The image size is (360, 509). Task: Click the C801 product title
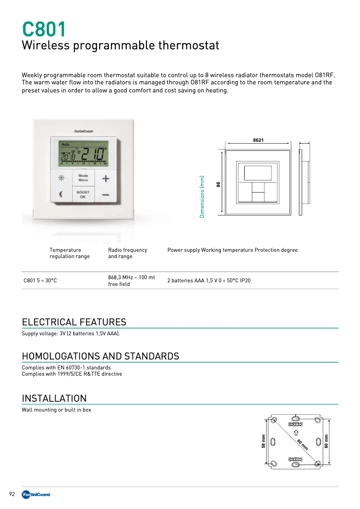click(44, 30)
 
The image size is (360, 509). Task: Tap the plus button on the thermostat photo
click(105, 179)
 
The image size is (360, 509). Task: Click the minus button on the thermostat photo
click(105, 195)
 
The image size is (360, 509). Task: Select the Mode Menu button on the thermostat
click(83, 178)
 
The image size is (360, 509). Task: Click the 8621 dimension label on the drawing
click(258, 140)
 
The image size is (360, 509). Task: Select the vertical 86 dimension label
click(219, 184)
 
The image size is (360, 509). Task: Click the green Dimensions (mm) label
click(202, 197)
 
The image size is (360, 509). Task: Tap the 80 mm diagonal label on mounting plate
click(302, 444)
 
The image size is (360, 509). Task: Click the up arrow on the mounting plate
click(296, 432)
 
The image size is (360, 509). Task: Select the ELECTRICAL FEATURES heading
click(74, 322)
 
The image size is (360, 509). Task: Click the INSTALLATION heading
click(54, 399)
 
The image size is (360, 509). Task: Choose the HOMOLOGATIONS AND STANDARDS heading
click(101, 356)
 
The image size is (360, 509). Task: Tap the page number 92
click(12, 494)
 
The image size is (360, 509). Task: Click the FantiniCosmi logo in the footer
click(36, 495)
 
